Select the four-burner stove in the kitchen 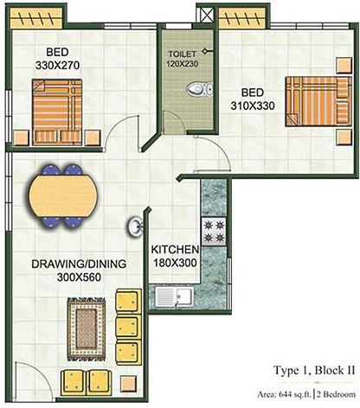212,230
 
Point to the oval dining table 60,195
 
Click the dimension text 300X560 67,278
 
